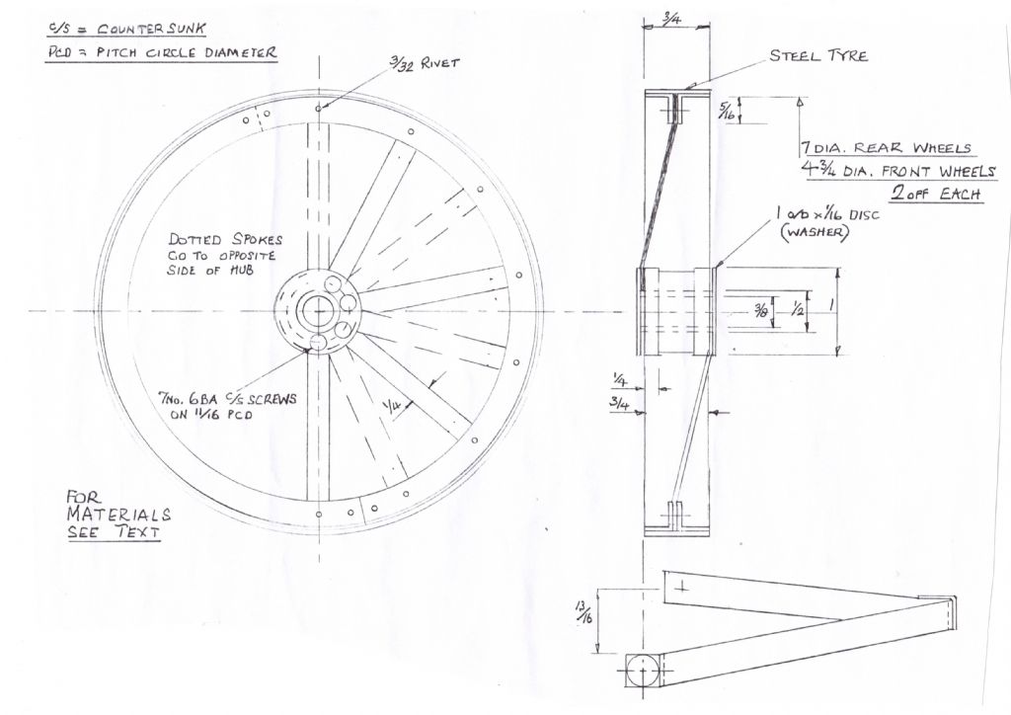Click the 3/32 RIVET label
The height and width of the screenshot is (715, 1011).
425,62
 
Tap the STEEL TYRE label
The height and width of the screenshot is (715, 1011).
818,56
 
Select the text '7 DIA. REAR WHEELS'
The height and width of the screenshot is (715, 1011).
887,148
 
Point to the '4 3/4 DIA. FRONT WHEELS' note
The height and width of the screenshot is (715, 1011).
898,171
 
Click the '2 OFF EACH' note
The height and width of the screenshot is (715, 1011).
938,194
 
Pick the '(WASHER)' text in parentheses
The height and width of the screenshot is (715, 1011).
814,232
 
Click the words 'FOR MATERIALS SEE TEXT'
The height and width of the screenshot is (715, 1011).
118,515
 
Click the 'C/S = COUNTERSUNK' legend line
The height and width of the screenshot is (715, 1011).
126,29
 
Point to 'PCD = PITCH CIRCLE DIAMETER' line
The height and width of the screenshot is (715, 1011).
161,53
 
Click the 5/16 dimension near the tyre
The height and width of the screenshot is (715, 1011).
728,111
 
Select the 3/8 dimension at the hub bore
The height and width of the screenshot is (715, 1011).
762,312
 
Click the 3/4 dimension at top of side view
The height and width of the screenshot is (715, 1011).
671,20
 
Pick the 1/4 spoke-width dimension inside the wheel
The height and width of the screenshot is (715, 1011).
391,407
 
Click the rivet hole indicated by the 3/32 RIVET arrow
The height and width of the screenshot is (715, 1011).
319,109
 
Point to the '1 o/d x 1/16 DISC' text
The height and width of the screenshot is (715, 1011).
827,213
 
